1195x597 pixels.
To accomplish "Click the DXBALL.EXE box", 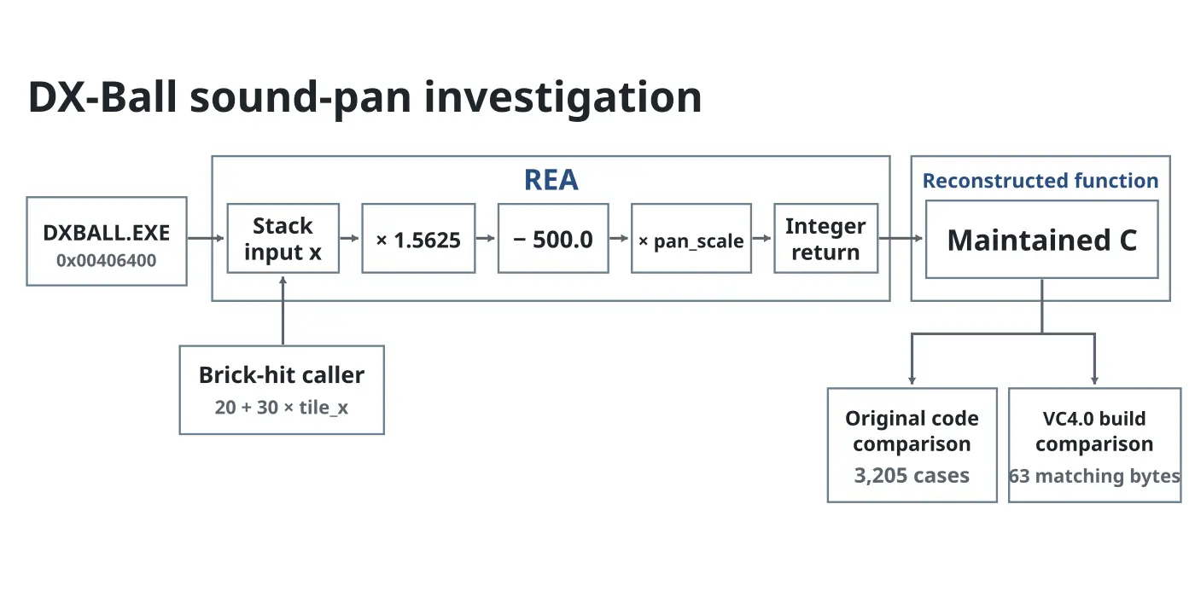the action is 107,241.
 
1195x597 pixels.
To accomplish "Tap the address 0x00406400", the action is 106,260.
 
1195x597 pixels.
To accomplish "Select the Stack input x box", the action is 283,238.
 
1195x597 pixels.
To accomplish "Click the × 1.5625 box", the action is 418,238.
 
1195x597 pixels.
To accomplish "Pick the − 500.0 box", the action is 553,238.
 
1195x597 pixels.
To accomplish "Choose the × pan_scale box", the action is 691,238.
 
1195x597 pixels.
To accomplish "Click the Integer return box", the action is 826,238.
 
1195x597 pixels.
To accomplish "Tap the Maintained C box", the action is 1042,240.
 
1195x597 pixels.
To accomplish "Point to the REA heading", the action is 551,180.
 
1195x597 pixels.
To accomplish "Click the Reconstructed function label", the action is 1041,181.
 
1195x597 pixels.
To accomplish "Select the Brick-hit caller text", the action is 282,374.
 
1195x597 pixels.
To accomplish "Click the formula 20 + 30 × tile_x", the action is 282,408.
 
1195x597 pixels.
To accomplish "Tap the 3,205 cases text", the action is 912,475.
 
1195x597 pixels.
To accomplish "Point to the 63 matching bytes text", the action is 1094,476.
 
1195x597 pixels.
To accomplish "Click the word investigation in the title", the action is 563,97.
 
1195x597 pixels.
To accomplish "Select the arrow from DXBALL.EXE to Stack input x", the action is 206,238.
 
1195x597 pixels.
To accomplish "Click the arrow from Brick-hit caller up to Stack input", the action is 283,310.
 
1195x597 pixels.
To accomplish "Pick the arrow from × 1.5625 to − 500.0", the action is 486,238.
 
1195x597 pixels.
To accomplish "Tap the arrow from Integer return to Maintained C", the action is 901,238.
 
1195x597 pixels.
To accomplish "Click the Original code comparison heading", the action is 912,432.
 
